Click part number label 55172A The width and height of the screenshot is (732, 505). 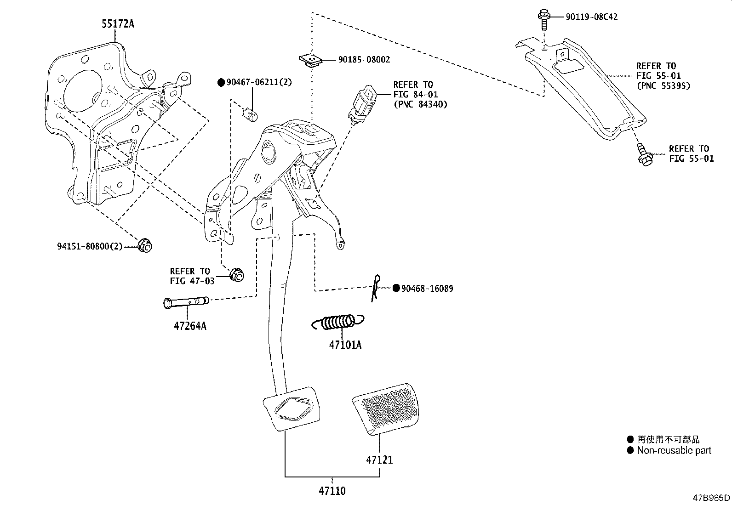click(x=118, y=24)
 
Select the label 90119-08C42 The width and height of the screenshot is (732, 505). click(x=591, y=17)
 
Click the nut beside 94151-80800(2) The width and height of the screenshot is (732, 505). click(x=145, y=245)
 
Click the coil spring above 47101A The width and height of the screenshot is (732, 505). click(x=338, y=322)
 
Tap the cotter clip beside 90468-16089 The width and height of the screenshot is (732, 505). click(x=376, y=288)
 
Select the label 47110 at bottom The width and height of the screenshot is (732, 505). click(x=332, y=491)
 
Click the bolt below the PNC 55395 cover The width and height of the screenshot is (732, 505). click(x=642, y=155)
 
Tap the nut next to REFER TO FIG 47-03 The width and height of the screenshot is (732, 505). click(x=237, y=275)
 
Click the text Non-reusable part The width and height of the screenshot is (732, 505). click(x=674, y=450)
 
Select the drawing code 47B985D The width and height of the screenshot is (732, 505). click(x=712, y=498)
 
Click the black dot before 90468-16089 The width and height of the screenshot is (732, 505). click(x=396, y=289)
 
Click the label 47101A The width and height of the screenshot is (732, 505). click(x=345, y=345)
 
